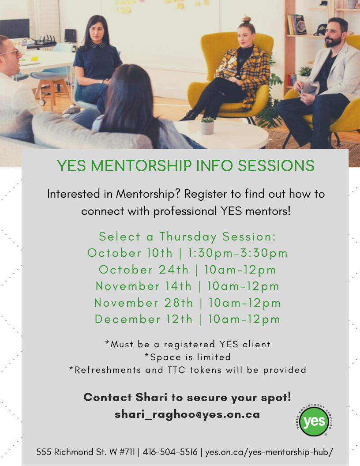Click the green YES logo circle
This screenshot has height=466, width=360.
(314, 421)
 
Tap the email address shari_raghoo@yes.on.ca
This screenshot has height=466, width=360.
(187, 414)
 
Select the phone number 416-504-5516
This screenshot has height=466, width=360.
(170, 452)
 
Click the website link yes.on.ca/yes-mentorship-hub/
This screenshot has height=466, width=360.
(269, 452)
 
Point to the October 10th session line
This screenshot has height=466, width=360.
(187, 253)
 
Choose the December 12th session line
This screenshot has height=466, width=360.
(187, 319)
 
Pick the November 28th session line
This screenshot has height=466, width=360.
(187, 303)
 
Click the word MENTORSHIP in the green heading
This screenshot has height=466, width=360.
(141, 165)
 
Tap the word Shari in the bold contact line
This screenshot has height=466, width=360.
(151, 397)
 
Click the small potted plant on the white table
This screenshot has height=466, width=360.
(207, 125)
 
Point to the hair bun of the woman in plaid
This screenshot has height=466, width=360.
(246, 19)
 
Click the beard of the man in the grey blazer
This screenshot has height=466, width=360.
(333, 42)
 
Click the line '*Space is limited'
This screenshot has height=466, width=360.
(187, 357)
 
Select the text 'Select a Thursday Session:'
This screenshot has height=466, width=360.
(187, 237)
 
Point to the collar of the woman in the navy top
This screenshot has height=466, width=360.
(98, 45)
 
